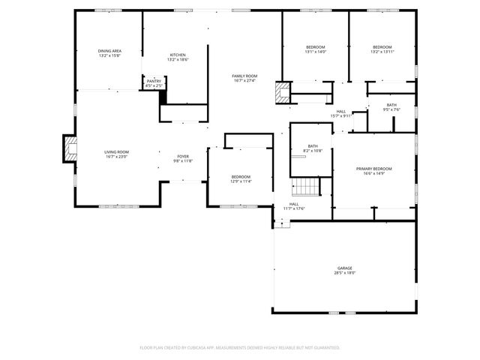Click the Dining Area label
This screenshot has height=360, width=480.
click(109, 51)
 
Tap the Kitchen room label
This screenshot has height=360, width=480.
click(178, 55)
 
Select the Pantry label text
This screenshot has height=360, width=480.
click(154, 81)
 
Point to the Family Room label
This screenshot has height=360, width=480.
click(244, 76)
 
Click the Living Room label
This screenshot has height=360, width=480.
click(116, 152)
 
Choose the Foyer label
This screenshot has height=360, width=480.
click(183, 156)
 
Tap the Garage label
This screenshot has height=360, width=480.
click(344, 268)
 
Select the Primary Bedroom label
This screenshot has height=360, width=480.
click(373, 169)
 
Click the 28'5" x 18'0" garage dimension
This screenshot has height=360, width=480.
click(344, 273)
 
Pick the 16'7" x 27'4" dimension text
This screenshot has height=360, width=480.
click(244, 81)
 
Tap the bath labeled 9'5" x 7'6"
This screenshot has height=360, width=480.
click(391, 107)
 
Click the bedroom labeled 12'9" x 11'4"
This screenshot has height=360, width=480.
click(241, 178)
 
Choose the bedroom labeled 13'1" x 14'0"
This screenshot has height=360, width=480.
click(315, 49)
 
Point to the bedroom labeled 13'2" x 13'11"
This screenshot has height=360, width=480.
click(382, 49)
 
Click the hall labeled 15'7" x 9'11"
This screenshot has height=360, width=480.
click(341, 113)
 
